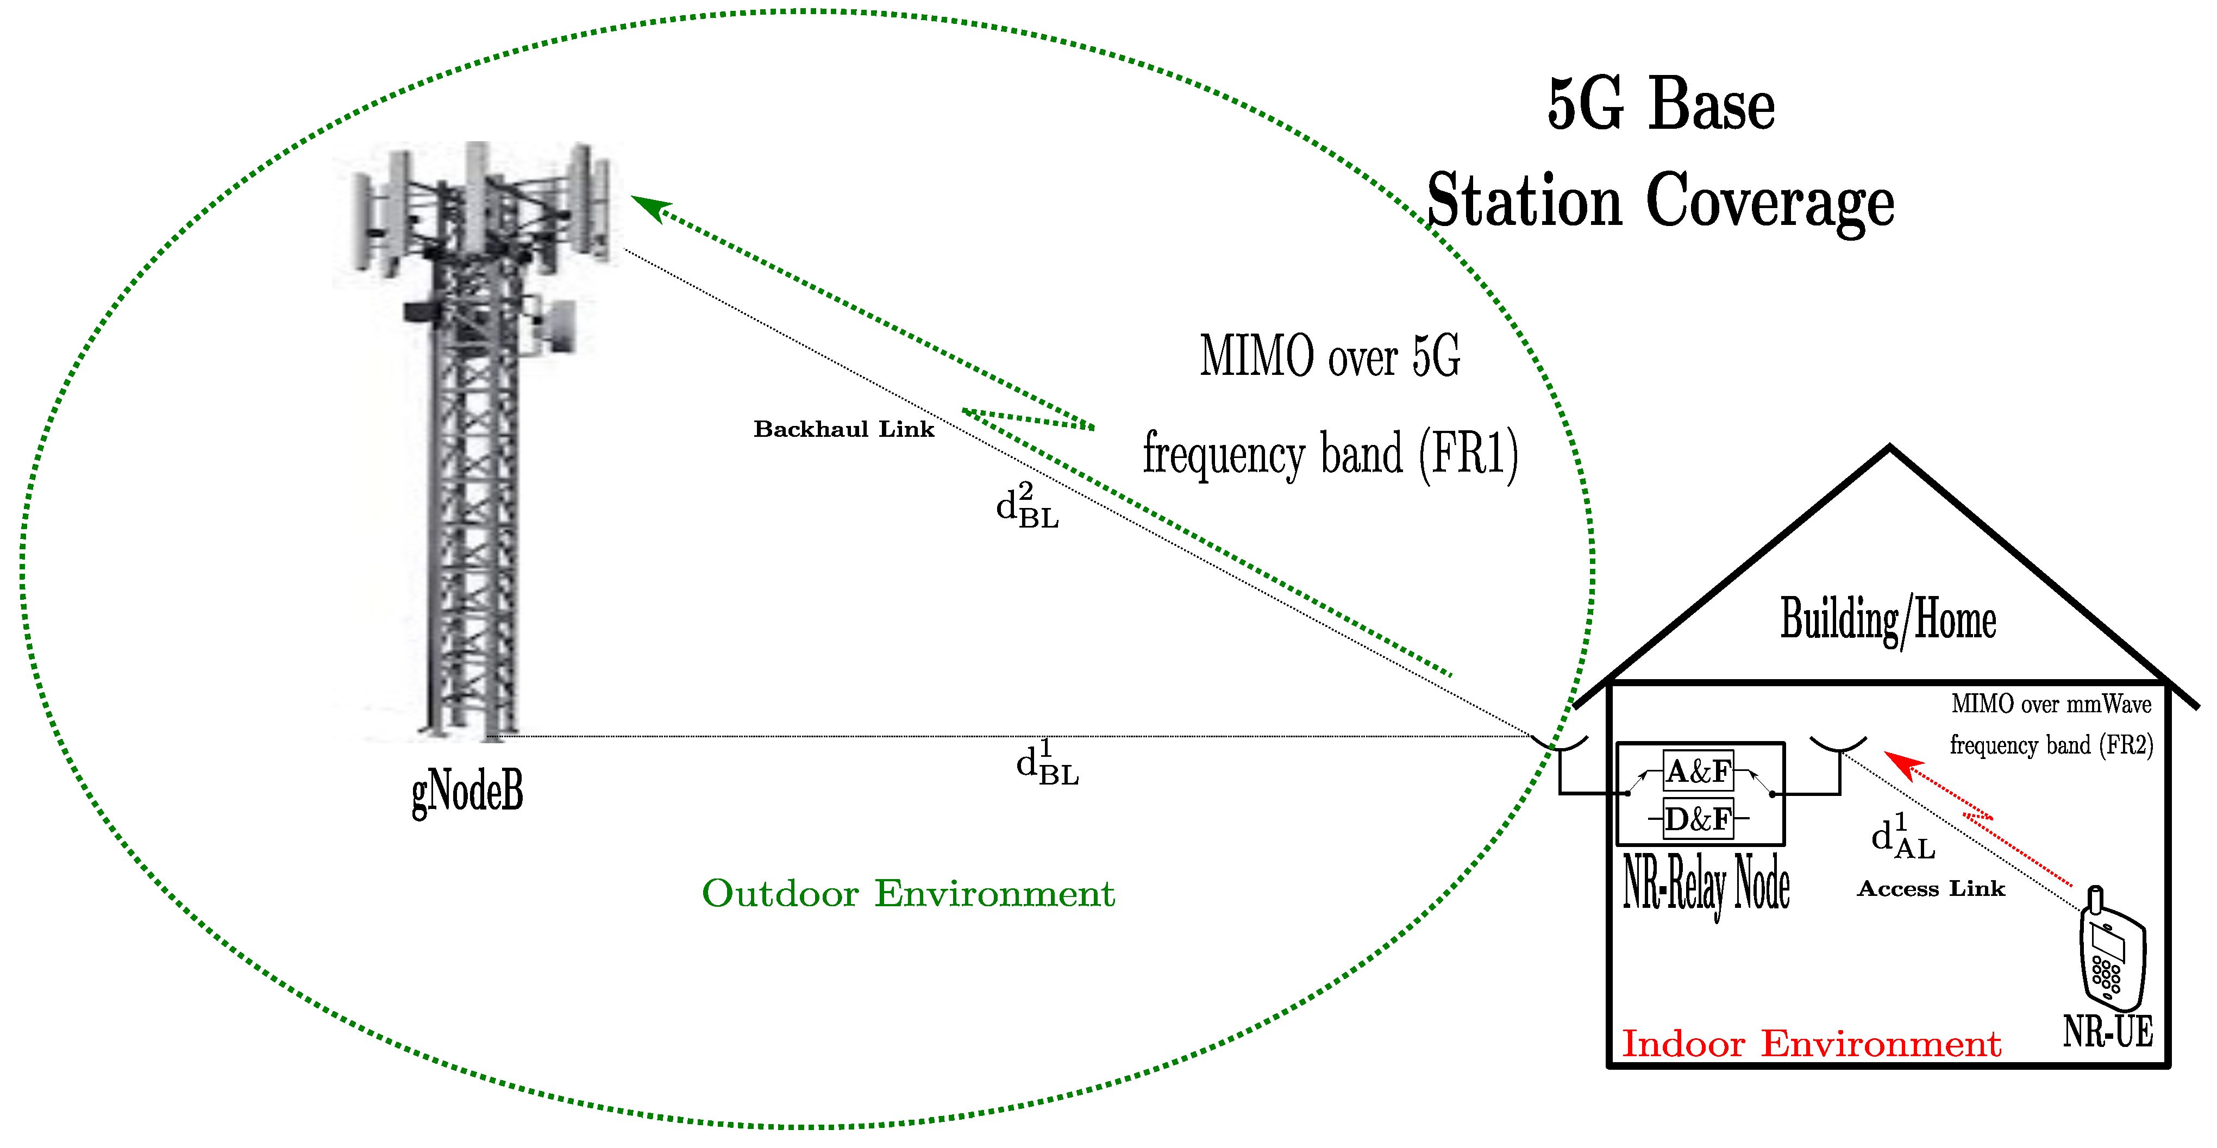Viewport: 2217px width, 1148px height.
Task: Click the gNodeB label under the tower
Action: [467, 790]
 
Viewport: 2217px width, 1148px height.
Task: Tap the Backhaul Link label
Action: [843, 429]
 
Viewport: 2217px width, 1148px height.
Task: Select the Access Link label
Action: [1931, 889]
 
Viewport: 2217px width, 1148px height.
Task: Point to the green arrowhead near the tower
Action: [650, 206]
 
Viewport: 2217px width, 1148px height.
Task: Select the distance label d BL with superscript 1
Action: [1047, 763]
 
